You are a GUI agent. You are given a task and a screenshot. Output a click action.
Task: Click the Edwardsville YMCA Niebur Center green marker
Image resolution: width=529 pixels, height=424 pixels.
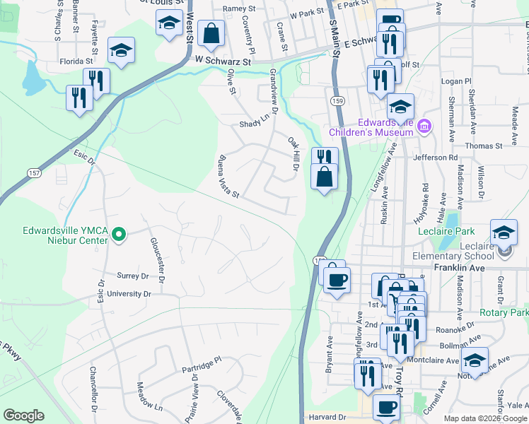point(119,233)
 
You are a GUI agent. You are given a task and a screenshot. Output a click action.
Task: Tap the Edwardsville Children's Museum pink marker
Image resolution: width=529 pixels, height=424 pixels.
point(424,127)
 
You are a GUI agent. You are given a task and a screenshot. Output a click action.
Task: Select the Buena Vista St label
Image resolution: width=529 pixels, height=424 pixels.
point(229,176)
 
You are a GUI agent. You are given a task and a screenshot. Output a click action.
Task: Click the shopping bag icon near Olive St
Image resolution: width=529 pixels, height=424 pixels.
point(211,33)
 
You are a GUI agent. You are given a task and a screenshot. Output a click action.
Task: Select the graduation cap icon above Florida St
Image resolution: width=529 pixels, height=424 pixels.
point(121,49)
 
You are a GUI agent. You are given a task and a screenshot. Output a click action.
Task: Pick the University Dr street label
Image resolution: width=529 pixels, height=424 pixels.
point(128,293)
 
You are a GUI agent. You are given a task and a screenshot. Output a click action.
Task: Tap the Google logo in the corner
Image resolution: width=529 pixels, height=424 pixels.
point(23,416)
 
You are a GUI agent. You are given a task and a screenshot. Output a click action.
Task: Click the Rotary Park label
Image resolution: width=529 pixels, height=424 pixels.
point(504,312)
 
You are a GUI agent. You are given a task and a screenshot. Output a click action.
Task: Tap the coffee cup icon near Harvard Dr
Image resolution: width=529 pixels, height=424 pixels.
point(386,408)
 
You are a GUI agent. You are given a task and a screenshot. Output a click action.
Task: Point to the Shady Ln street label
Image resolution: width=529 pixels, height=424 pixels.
point(255,122)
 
